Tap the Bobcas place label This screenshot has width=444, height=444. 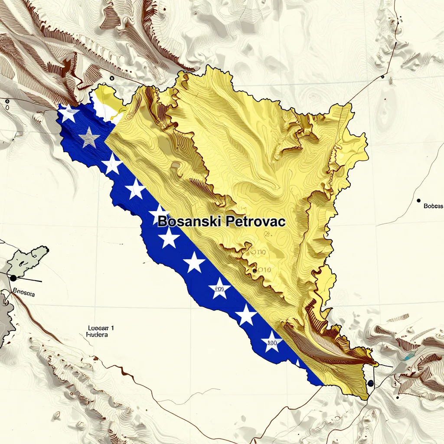pos(433,206)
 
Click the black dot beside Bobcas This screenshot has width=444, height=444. pos(418,201)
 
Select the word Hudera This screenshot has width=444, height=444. pos(97,335)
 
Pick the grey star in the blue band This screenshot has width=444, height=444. pos(90,137)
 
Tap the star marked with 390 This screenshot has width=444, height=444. pos(272,343)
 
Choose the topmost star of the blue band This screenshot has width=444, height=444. pos(69,114)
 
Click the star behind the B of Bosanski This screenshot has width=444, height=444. pos(160,215)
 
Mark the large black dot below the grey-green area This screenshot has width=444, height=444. pos(13,277)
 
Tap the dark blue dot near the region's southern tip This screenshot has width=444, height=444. pos(370,383)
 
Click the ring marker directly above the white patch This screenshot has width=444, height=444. pos(112,78)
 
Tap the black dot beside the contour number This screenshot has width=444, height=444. pos(254,271)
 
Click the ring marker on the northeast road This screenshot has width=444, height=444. pos(383,77)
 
